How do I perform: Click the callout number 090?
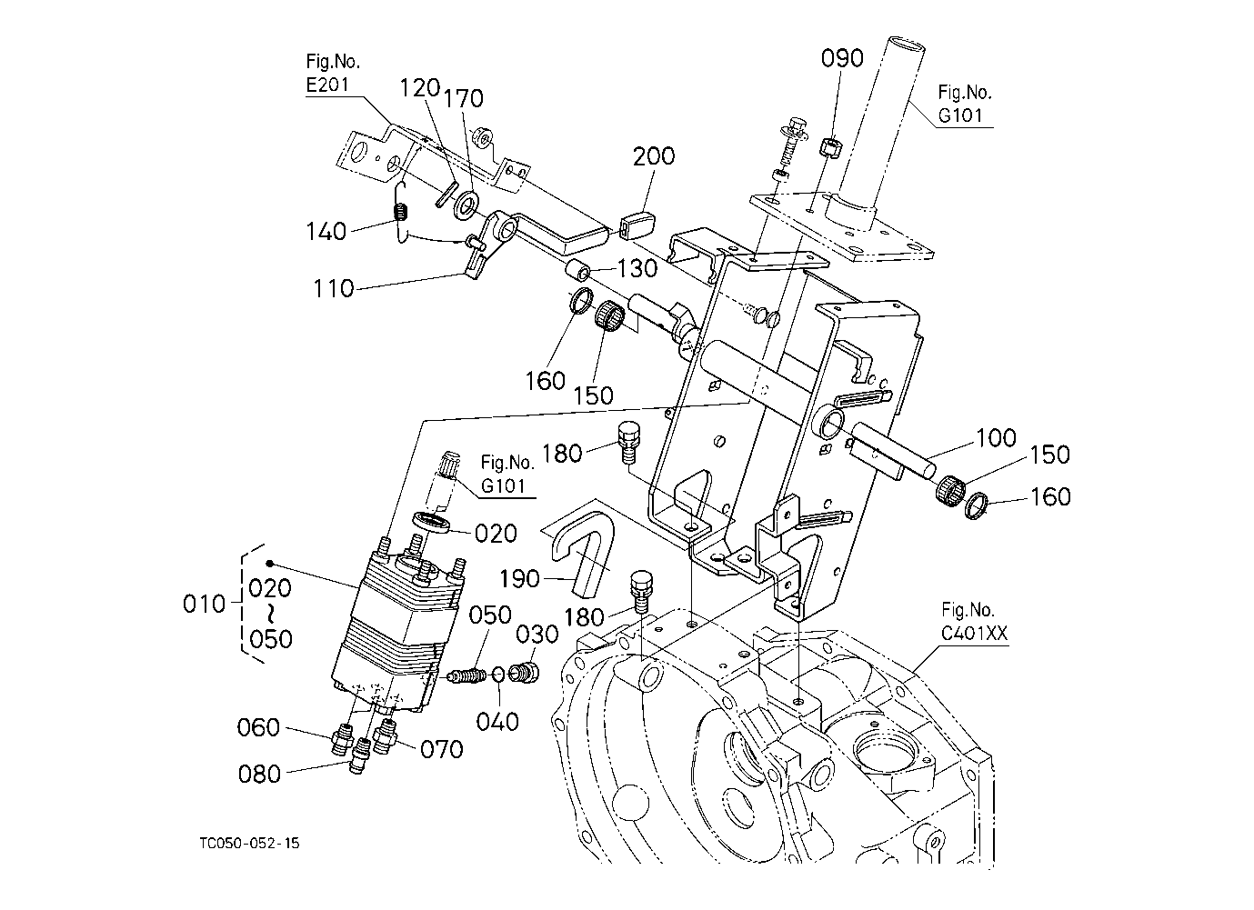coord(842,58)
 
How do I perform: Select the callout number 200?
coord(654,156)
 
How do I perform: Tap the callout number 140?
coord(326,232)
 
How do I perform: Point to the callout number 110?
coord(334,289)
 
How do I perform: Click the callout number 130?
coord(637,268)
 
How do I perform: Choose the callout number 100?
coord(996,437)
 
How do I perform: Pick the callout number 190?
coord(519,579)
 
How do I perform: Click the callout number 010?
coord(204,605)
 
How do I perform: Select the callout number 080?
coord(259,775)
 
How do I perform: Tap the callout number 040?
coord(497,722)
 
